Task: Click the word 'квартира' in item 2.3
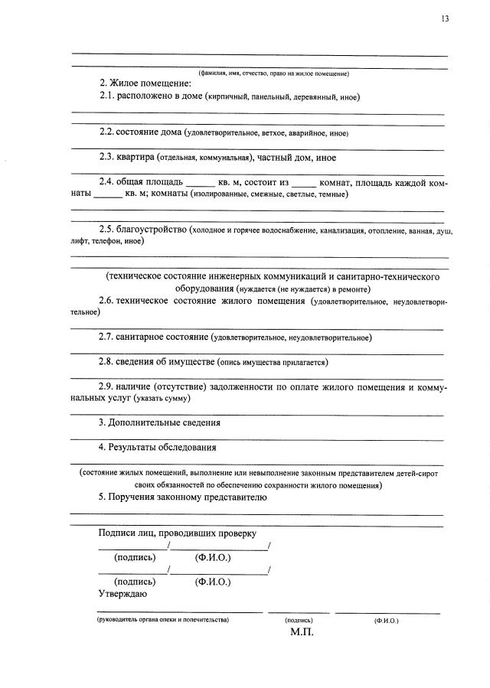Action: pos(136,158)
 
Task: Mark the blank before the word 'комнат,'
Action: pos(303,184)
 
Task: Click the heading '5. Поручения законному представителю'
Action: pos(182,497)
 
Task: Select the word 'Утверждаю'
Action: pos(123,593)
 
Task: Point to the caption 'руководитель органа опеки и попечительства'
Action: pos(163,619)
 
